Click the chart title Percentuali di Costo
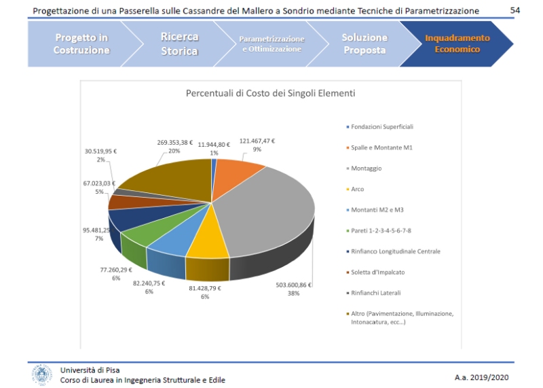coord(271,93)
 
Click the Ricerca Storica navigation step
coord(179,43)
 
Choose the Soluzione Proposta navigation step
coord(364,43)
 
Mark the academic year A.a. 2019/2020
coord(481,376)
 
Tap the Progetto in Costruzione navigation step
coord(81,43)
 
